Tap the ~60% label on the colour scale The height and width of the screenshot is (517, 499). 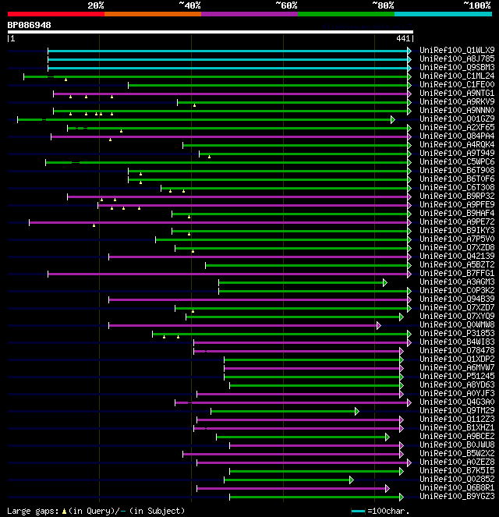286,5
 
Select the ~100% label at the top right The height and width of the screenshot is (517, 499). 477,5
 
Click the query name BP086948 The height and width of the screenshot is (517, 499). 30,25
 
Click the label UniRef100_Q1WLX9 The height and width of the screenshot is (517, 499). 455,50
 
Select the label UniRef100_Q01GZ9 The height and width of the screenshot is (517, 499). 455,119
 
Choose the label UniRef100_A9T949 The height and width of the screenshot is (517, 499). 455,153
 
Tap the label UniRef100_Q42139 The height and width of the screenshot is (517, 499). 455,256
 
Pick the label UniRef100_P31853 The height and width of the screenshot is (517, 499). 455,333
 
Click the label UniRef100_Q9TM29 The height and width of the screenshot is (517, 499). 455,410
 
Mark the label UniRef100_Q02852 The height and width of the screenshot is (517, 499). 455,479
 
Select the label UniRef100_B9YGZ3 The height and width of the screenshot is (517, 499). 455,496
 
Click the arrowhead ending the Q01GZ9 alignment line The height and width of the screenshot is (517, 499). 393,119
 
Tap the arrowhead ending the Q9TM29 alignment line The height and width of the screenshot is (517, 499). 357,411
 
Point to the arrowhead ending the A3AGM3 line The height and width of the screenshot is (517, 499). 385,282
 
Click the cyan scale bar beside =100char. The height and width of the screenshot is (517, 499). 358,511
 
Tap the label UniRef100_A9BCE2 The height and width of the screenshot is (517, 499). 455,436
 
